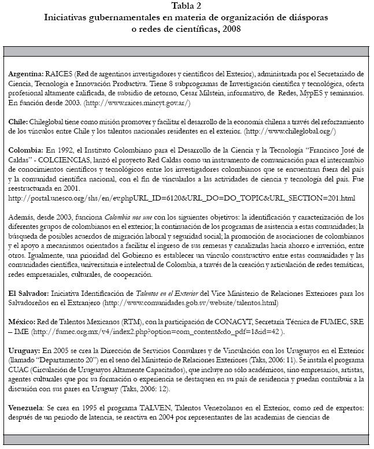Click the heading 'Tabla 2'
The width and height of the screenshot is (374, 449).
pos(187,6)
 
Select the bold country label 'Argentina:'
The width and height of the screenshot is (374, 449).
pos(26,75)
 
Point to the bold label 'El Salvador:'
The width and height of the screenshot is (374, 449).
pos(29,293)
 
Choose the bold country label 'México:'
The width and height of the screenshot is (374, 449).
pos(22,321)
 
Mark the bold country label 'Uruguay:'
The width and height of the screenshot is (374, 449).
pos(24,350)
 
